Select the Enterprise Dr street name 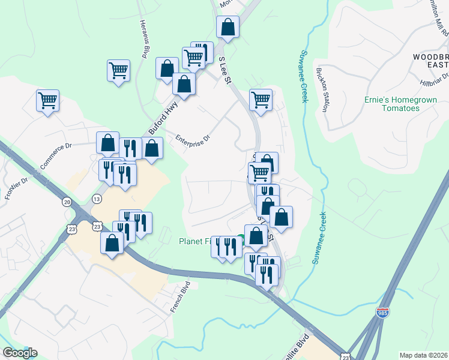click(193, 139)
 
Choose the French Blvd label click(179, 297)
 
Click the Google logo click(20, 353)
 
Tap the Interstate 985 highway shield click(382, 313)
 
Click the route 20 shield click(67, 202)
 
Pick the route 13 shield click(97, 199)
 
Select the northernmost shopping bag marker click(228, 26)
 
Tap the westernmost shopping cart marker click(47, 100)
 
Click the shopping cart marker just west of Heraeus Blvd click(118, 70)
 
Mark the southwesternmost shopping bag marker click(112, 243)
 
